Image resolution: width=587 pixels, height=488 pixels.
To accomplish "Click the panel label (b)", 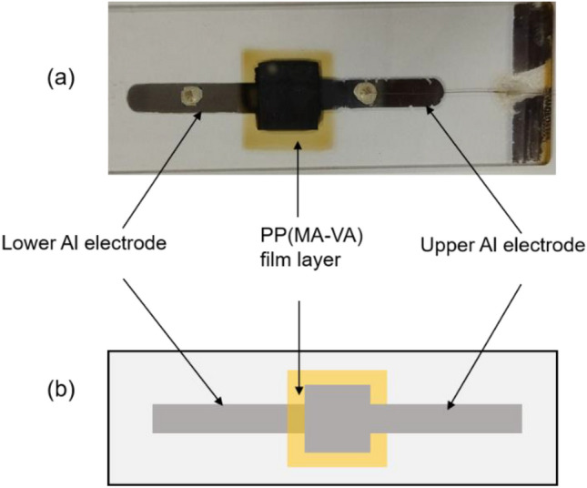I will [62, 393].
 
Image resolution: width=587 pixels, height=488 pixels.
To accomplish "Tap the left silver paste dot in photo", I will [191, 94].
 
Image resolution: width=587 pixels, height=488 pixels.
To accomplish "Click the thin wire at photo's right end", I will [473, 91].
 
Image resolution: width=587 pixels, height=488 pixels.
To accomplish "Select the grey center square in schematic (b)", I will [337, 418].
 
